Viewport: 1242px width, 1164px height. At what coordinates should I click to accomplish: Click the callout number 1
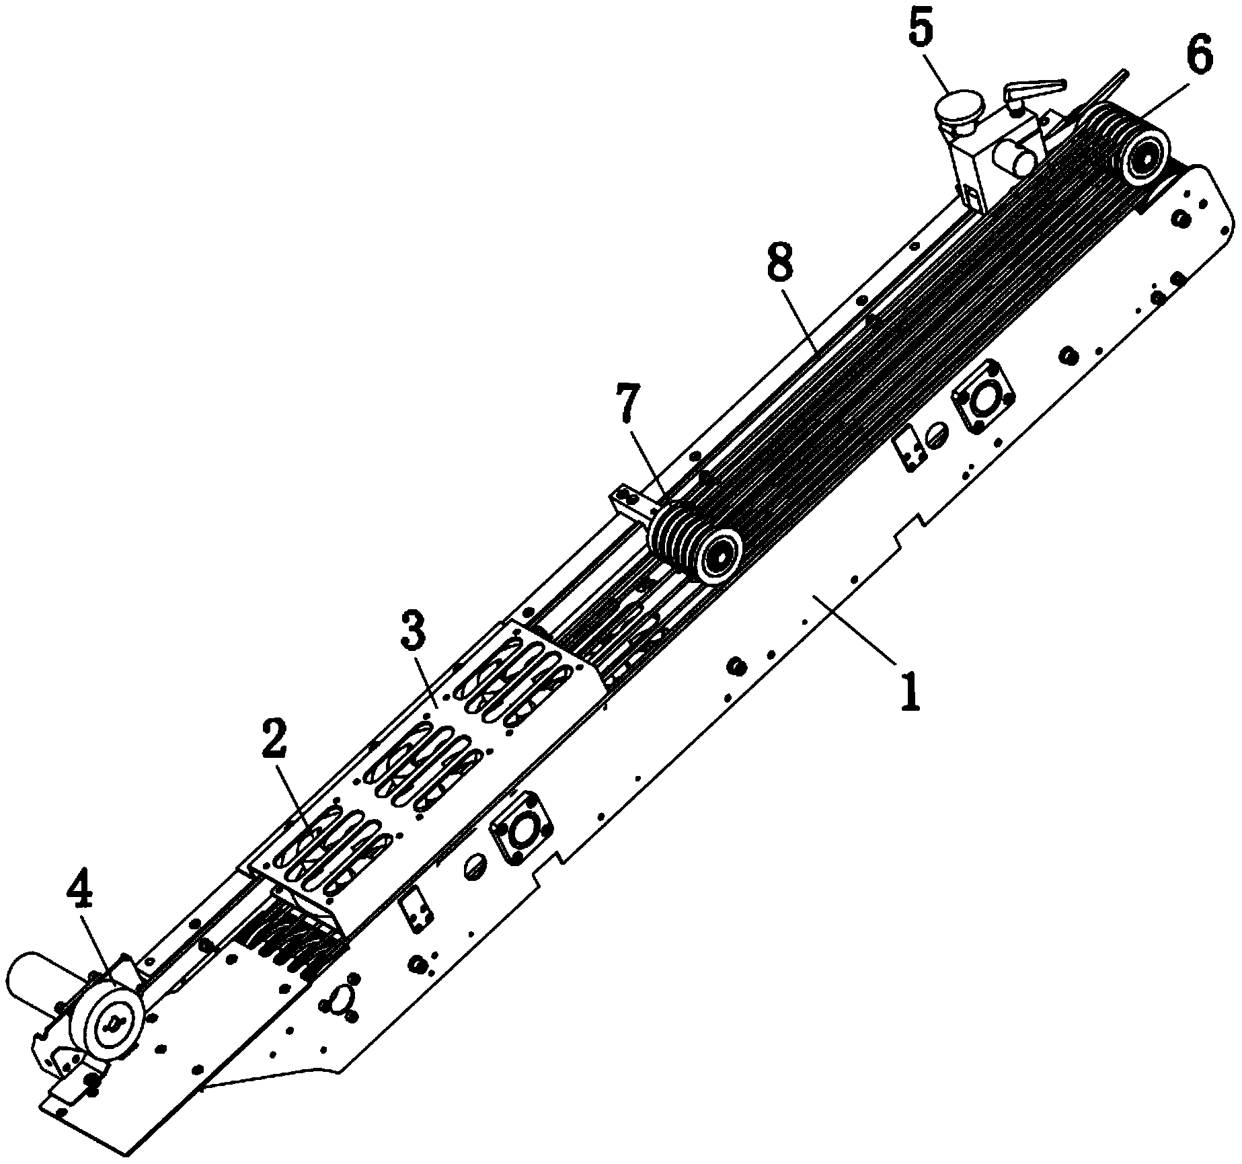909,693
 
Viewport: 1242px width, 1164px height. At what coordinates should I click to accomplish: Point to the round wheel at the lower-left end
111,1024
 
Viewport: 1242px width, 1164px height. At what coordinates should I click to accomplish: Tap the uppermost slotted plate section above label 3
516,681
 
